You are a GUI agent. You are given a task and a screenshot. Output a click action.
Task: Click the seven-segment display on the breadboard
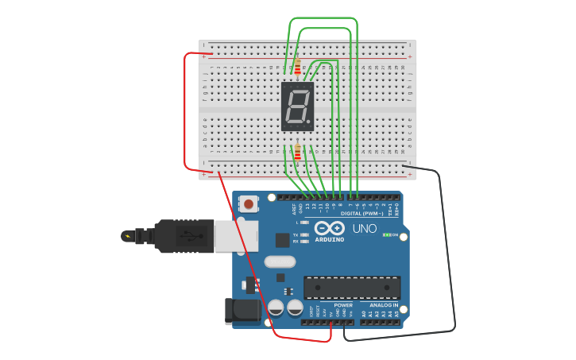(297, 106)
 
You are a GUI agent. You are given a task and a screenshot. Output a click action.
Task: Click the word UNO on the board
(364, 228)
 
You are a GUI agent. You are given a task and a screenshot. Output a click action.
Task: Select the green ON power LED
(385, 234)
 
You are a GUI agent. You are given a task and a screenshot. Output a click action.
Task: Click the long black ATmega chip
(351, 287)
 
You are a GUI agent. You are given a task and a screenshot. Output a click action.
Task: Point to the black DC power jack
(242, 311)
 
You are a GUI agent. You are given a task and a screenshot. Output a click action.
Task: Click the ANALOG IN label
(383, 304)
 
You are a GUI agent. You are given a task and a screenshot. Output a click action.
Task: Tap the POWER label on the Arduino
(343, 304)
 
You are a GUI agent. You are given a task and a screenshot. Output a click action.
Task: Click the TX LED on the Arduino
(305, 235)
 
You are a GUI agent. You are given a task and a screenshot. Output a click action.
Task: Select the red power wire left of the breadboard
(185, 111)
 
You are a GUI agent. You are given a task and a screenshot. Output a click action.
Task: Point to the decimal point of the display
(309, 122)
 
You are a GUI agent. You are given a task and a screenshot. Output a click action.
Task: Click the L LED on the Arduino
(305, 223)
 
